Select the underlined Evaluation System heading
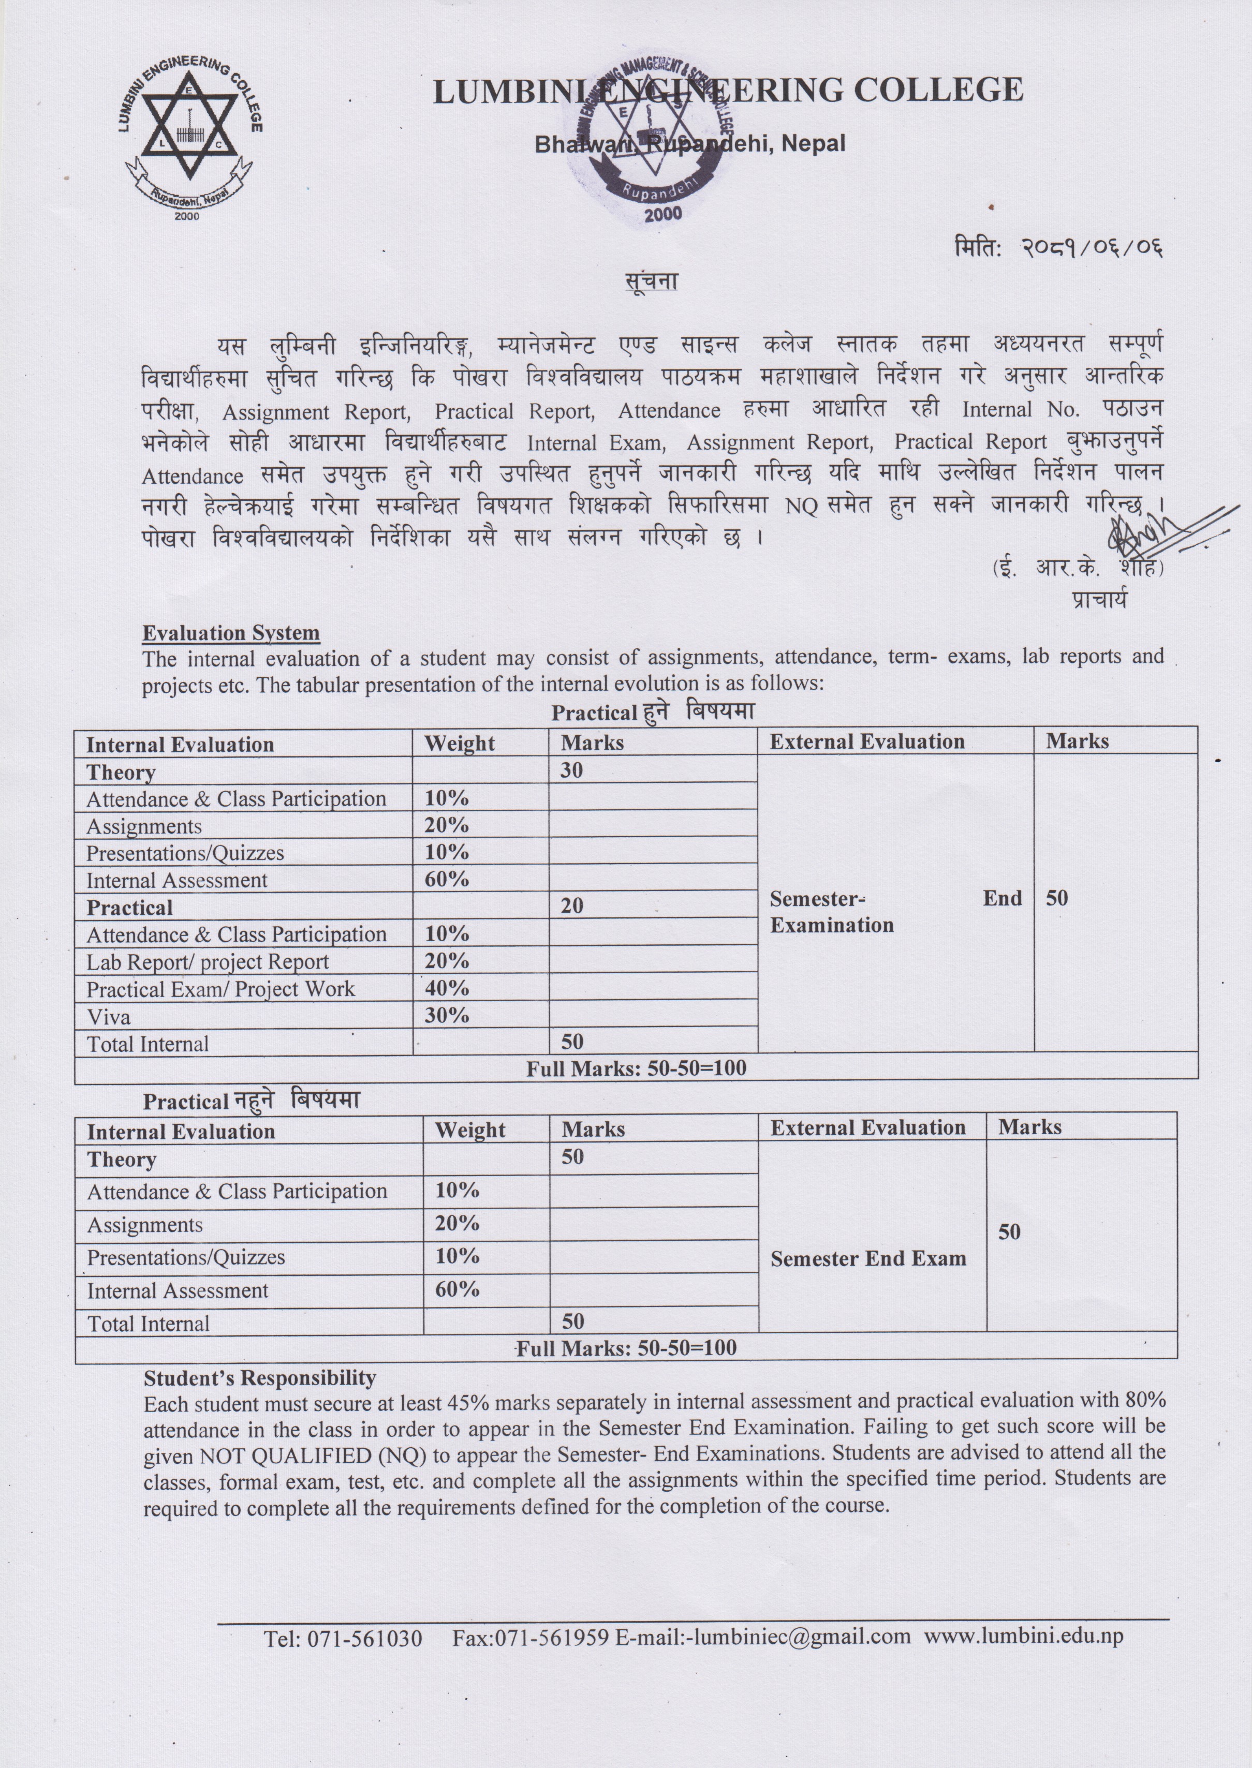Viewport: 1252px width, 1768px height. (x=230, y=633)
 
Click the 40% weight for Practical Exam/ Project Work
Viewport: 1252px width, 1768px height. (x=446, y=988)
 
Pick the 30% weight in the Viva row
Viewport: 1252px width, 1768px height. (x=446, y=1015)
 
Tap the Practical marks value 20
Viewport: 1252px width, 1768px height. (x=571, y=905)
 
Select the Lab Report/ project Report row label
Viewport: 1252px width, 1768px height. (x=208, y=962)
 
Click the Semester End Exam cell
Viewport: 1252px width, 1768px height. (x=868, y=1258)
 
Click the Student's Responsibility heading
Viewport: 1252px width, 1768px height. (x=260, y=1377)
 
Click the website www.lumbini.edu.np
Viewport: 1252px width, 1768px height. (x=1023, y=1636)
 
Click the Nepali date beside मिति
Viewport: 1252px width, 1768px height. (x=1092, y=248)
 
